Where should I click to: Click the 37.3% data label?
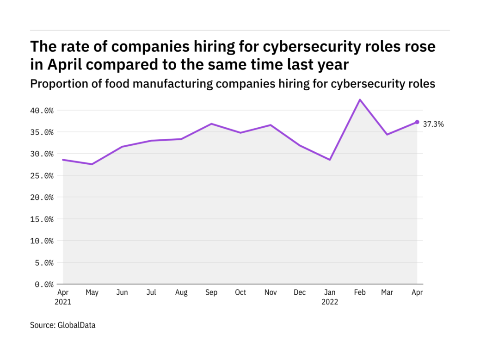coord(433,124)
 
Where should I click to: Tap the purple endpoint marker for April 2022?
coord(417,122)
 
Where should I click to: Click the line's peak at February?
coord(360,99)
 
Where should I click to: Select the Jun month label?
coord(122,292)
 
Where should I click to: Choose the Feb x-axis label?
coord(360,292)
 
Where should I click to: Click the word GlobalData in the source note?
coord(76,325)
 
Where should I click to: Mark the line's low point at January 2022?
coord(330,160)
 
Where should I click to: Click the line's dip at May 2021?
coord(92,164)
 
